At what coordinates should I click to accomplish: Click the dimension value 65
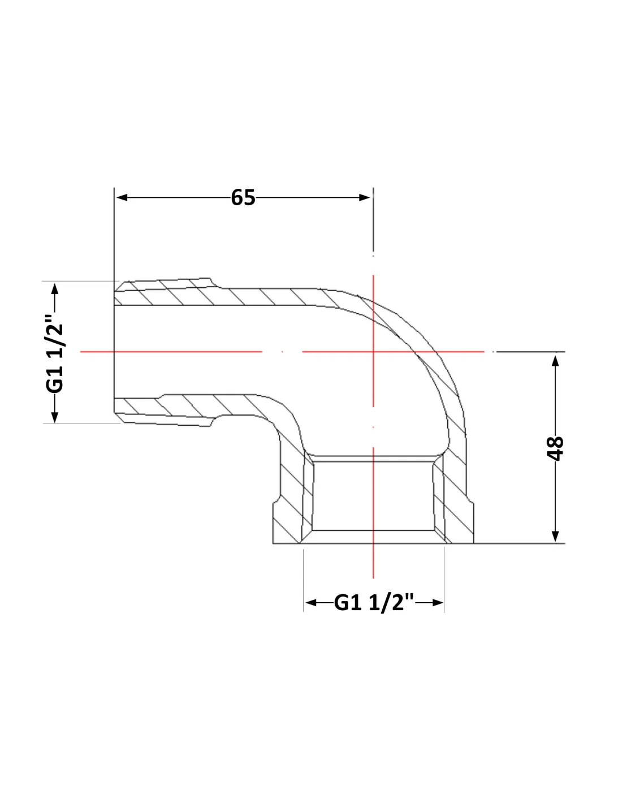(x=243, y=197)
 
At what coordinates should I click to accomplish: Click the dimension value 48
(x=555, y=448)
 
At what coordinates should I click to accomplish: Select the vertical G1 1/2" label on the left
(x=55, y=353)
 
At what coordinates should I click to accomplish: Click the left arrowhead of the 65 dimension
(x=122, y=197)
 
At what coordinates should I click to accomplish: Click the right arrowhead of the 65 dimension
(x=365, y=197)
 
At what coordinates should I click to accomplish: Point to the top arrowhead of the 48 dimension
(x=555, y=360)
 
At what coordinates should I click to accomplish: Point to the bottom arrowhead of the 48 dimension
(x=555, y=537)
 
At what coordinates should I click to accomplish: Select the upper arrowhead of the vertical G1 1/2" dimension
(x=55, y=289)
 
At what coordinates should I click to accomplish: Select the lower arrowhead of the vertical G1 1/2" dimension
(x=55, y=417)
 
